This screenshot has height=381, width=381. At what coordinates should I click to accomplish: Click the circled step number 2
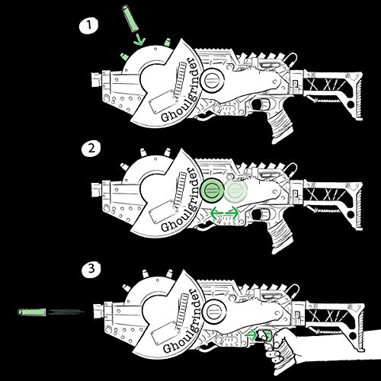(x=91, y=149)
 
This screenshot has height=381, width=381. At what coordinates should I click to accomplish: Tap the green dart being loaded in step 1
(x=127, y=16)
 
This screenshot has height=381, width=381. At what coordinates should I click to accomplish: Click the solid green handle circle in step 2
(x=214, y=192)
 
